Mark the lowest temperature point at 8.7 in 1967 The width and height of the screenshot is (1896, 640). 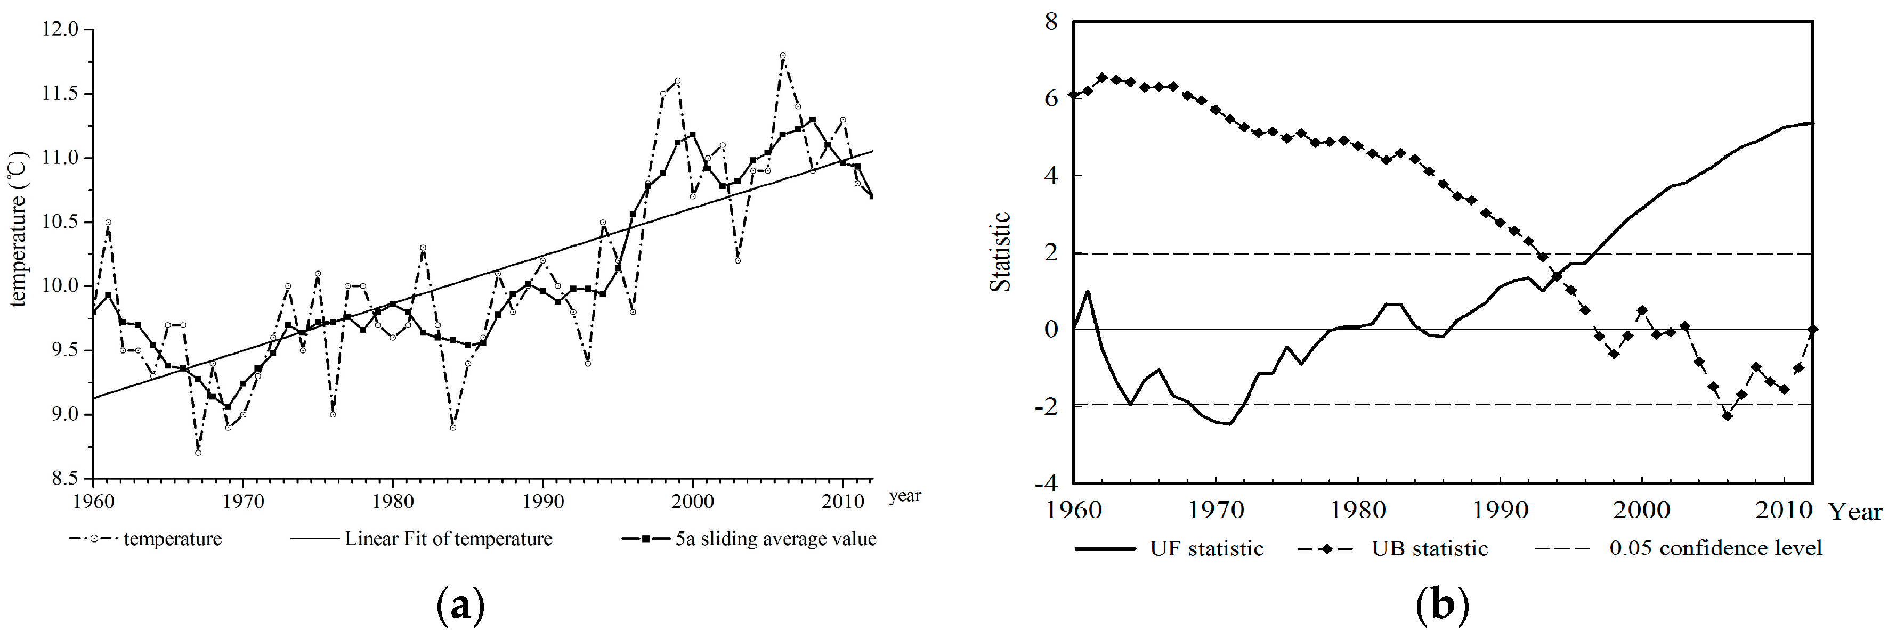pyautogui.click(x=198, y=453)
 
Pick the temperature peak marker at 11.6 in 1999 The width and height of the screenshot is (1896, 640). pyautogui.click(x=677, y=81)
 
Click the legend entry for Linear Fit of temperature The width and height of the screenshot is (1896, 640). pyautogui.click(x=448, y=539)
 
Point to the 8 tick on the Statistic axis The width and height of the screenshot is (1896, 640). pyautogui.click(x=1051, y=21)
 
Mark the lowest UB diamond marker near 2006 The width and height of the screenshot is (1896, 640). pyautogui.click(x=1727, y=416)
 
